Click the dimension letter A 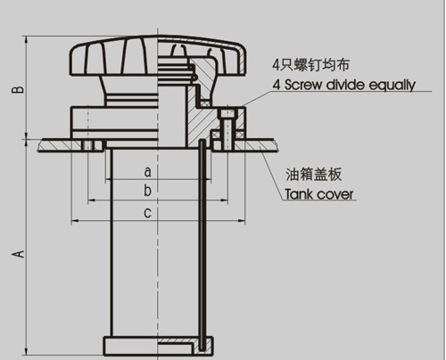tap(18, 254)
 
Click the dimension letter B tap(18, 89)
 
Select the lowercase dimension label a tap(147, 172)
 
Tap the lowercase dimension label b tap(147, 190)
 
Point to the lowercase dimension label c tap(147, 213)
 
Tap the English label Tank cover tap(319, 194)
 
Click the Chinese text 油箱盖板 tap(314, 175)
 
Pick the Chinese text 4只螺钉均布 tap(311, 65)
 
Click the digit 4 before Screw tap(277, 86)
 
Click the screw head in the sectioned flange tap(227, 113)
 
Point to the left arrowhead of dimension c tap(75, 221)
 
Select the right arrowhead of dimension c tap(242, 221)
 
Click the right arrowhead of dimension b tap(225, 200)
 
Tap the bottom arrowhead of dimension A tap(27, 351)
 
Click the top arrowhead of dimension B tap(27, 40)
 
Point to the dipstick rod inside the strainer tap(202, 245)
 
